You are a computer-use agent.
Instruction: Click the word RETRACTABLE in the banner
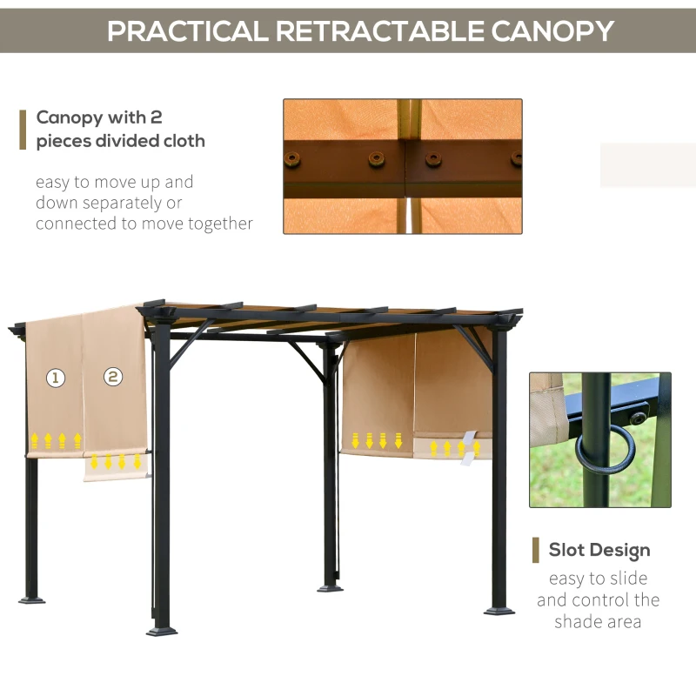pyautogui.click(x=378, y=30)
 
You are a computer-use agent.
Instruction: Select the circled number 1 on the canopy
pyautogui.click(x=56, y=378)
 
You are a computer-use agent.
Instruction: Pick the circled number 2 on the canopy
pyautogui.click(x=113, y=377)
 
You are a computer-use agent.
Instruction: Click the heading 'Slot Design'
pyautogui.click(x=599, y=550)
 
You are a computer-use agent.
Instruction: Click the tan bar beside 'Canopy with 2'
pyautogui.click(x=23, y=129)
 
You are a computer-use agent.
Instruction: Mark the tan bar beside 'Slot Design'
pyautogui.click(x=536, y=550)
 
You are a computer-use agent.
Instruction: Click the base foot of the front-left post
pyautogui.click(x=162, y=628)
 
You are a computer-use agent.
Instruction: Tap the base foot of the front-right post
pyautogui.click(x=499, y=611)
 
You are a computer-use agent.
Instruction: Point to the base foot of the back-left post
pyautogui.click(x=32, y=599)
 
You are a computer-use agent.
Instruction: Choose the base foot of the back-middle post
pyautogui.click(x=331, y=587)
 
